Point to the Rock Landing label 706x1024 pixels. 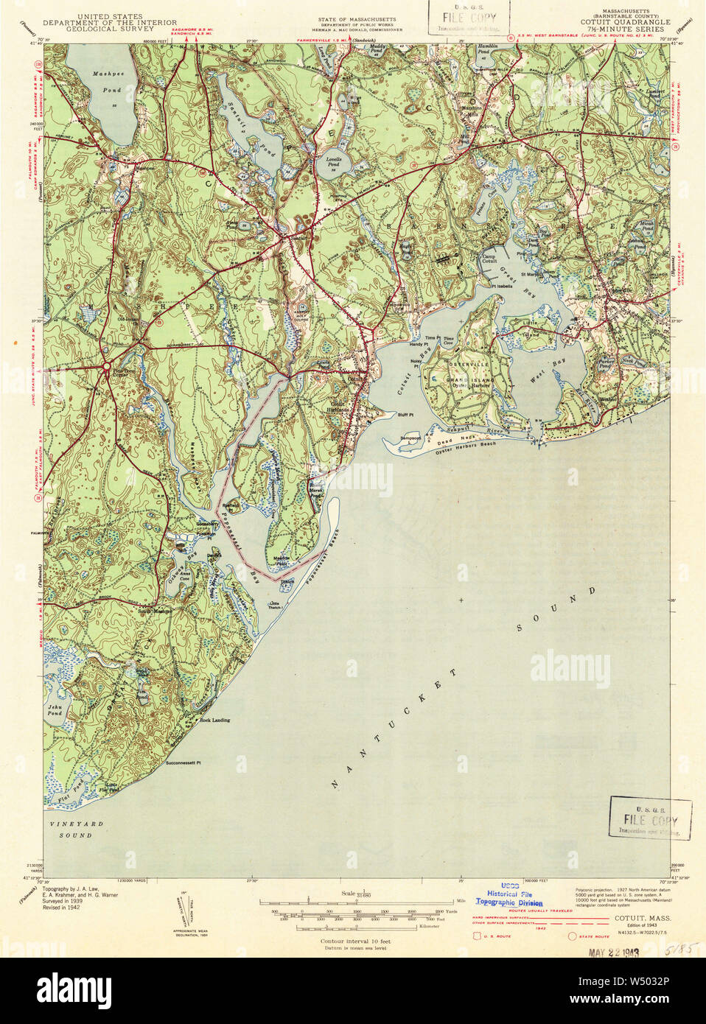click(215, 720)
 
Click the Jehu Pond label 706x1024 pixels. click(55, 710)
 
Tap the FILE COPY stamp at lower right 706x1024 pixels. click(650, 818)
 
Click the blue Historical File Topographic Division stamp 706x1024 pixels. click(508, 894)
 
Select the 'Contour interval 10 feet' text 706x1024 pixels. click(354, 941)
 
